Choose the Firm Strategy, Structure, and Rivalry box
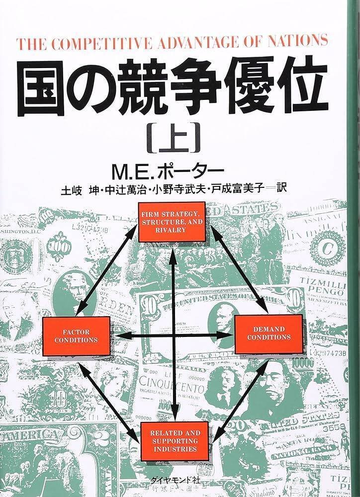click(172, 221)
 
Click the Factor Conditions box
click(77, 336)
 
